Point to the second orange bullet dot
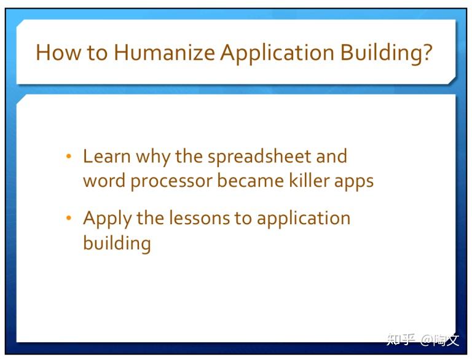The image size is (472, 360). point(69,219)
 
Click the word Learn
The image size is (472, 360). point(107,157)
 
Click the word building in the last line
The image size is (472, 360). point(117,243)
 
